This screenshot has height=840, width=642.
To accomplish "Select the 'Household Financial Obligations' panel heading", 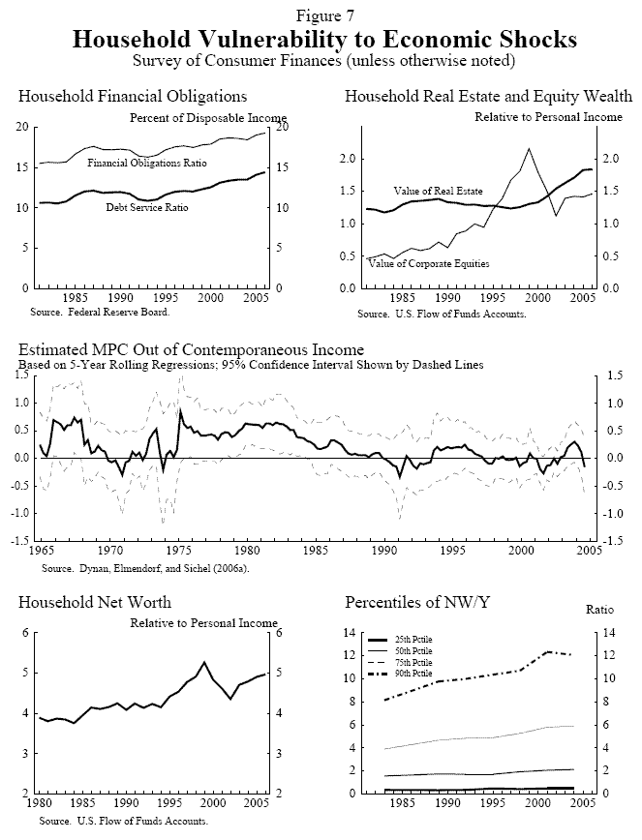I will pyautogui.click(x=133, y=97).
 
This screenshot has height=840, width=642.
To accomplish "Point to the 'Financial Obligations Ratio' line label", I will pyautogui.click(x=147, y=163).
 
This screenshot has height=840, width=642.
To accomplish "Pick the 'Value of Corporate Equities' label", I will pyautogui.click(x=429, y=263).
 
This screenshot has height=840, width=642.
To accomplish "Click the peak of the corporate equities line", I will pyautogui.click(x=529, y=149).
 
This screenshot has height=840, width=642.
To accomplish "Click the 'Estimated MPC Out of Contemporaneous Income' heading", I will pyautogui.click(x=192, y=349).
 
